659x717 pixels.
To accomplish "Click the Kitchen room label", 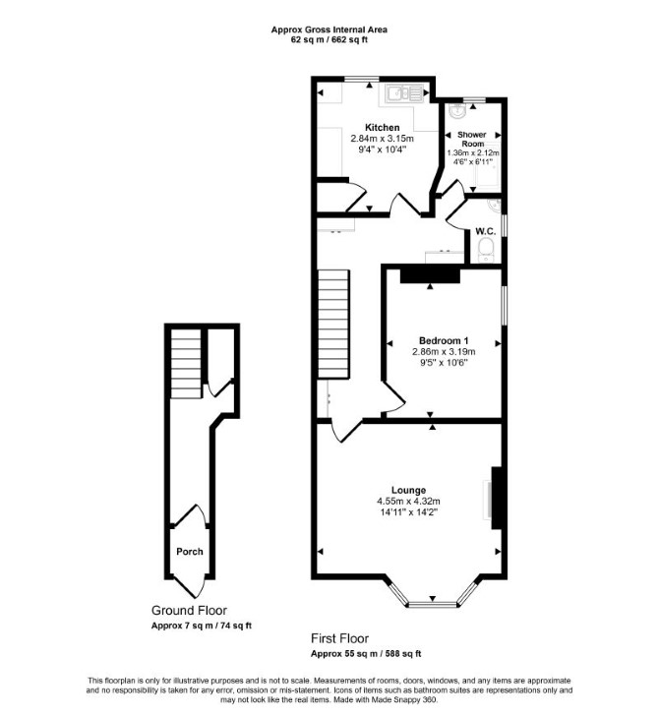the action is coord(382,128).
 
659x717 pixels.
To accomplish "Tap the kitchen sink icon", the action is coord(403,93).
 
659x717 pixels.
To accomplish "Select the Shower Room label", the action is coord(472,139).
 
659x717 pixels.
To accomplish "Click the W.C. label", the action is coord(485,232).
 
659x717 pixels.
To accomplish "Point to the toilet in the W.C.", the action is coord(485,251).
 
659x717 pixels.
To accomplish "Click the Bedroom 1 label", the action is coord(444,340).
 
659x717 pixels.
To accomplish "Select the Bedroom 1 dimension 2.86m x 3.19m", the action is coord(444,352).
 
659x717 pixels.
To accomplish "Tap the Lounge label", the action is coord(408,491).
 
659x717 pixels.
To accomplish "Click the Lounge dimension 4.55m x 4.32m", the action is coord(408,502).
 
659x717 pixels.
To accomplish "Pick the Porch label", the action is coord(189,552).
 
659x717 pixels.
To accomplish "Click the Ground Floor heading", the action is coord(189,611).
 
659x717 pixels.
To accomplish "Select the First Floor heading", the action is coord(339,638).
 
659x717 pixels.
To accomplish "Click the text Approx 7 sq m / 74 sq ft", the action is coord(202,626).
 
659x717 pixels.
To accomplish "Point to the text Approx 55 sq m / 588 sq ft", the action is coord(366,654).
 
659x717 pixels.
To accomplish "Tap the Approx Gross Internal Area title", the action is coord(329,30).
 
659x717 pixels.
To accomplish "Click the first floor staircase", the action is coord(333,324).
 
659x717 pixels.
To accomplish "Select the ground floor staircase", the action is coord(186,364).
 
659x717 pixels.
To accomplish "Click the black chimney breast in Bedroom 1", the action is coord(430,276).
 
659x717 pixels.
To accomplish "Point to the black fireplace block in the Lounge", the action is coord(497,498).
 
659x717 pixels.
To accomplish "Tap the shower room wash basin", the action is coord(456,110).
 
